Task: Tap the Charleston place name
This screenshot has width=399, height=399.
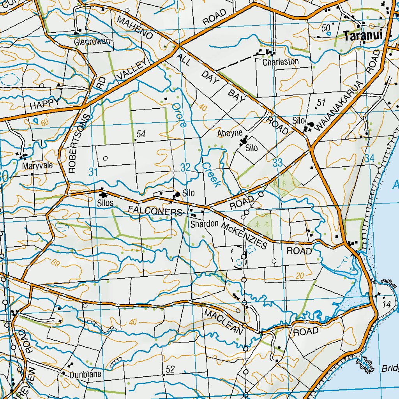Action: (280, 62)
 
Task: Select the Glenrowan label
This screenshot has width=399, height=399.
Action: (93, 41)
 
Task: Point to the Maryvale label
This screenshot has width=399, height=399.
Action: (37, 166)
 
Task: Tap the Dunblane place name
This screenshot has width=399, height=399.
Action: (85, 374)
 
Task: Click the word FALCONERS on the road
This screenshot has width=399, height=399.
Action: (155, 211)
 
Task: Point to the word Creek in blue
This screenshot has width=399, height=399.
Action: (211, 174)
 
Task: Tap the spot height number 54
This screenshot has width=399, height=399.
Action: (141, 134)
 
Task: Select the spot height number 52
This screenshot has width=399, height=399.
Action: (170, 369)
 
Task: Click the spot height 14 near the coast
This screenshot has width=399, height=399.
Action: (386, 304)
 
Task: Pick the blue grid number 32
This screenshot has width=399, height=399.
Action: (185, 168)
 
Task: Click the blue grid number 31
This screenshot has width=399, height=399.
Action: (93, 171)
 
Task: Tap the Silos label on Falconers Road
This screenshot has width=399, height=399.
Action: (106, 203)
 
